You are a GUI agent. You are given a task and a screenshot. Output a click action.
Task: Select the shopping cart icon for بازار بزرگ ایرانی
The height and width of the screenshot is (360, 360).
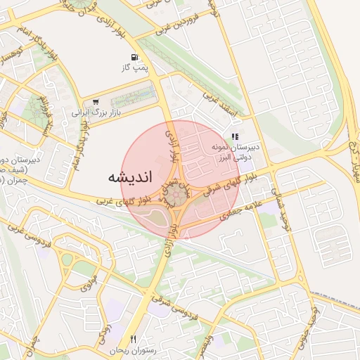[96, 101]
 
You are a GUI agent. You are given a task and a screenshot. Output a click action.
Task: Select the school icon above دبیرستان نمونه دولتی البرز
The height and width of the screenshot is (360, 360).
[235, 136]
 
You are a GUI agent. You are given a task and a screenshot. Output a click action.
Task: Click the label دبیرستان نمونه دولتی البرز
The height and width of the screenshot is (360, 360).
[237, 153]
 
